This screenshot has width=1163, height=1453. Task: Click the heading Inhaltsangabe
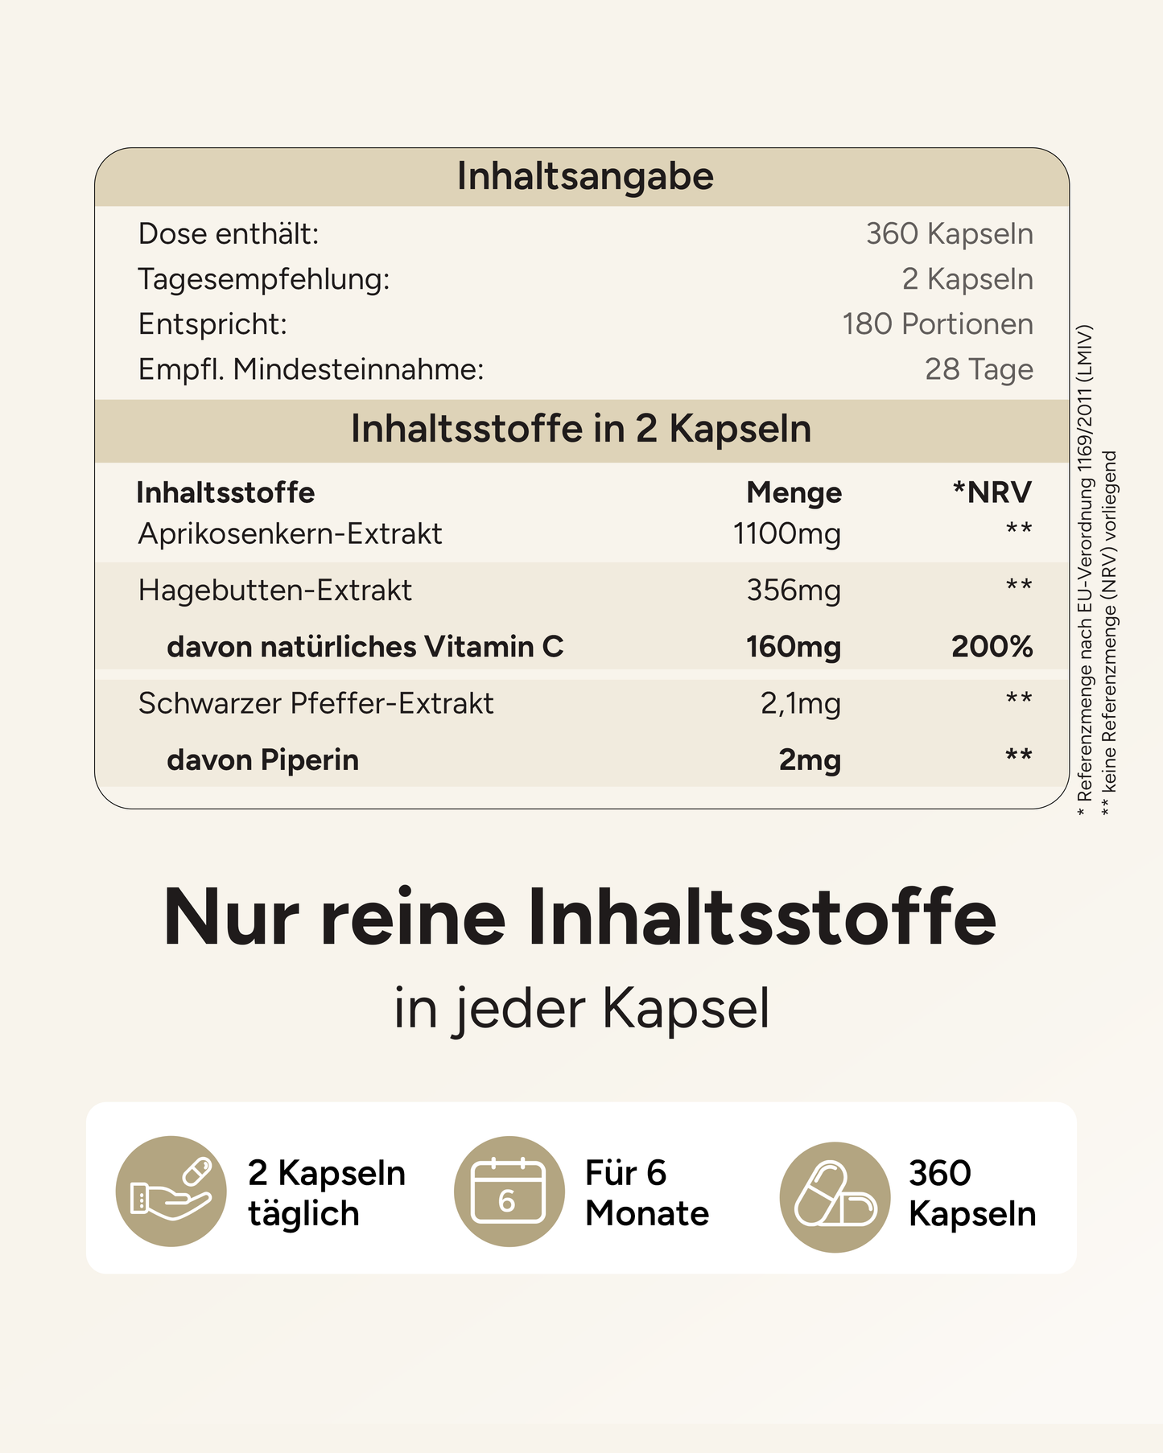(x=585, y=176)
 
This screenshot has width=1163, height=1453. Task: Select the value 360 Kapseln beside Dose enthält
(x=949, y=234)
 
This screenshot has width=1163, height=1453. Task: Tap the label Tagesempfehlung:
(x=264, y=279)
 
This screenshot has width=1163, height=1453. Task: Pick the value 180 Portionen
(x=938, y=324)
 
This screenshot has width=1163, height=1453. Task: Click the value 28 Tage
(x=979, y=369)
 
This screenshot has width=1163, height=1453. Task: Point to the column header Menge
(x=794, y=492)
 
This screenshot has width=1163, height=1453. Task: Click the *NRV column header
(x=992, y=492)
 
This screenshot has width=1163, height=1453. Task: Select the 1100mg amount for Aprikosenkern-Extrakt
(x=786, y=533)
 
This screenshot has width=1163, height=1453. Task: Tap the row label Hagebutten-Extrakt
(x=275, y=591)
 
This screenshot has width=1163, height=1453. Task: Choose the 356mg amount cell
(x=794, y=591)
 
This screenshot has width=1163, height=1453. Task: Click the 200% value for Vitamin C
(x=992, y=647)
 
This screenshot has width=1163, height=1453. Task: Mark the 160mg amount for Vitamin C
(x=793, y=647)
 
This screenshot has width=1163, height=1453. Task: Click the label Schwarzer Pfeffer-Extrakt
(x=315, y=703)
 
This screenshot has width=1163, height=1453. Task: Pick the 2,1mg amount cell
(x=800, y=703)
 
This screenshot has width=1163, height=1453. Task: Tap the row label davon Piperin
(x=262, y=760)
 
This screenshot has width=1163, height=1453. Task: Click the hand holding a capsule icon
(x=171, y=1192)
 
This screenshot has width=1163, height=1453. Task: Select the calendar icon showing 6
(x=509, y=1192)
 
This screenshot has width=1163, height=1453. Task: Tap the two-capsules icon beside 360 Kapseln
(x=835, y=1196)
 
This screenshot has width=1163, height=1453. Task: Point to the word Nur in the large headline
(x=231, y=918)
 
